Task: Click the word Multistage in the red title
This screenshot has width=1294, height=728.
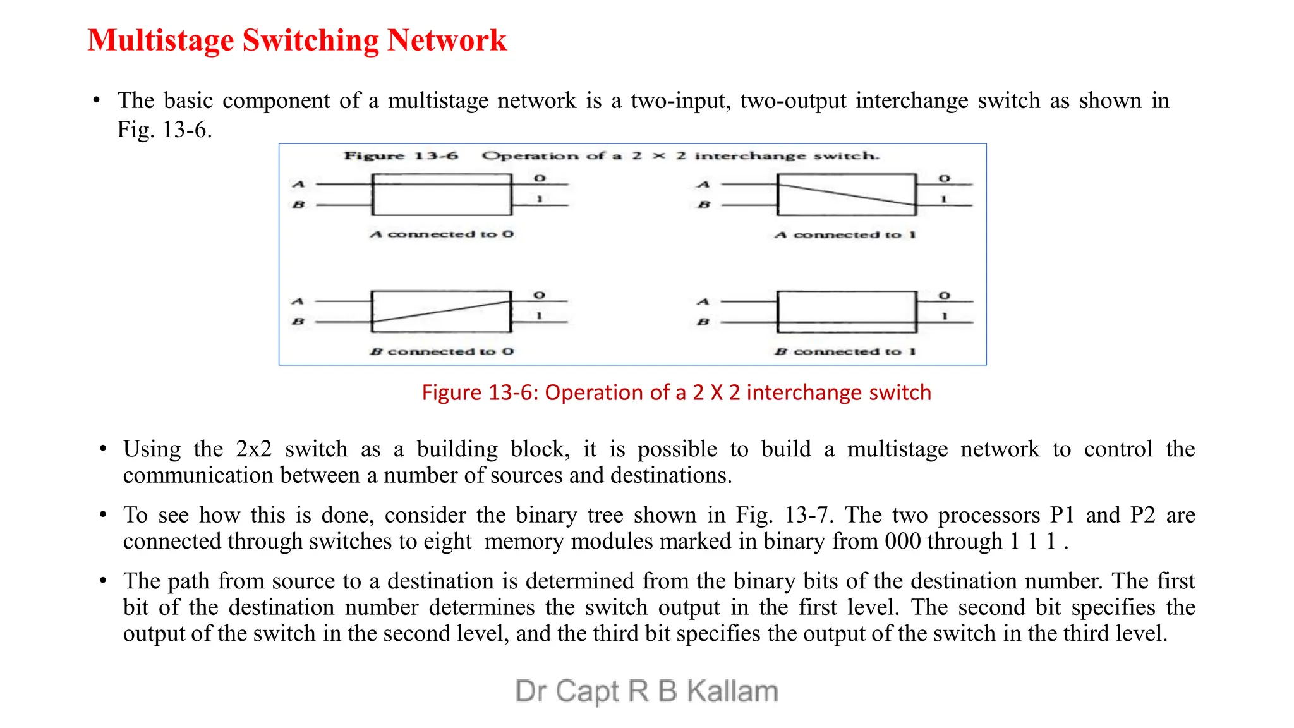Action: pyautogui.click(x=160, y=40)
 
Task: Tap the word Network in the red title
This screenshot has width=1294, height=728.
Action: pyautogui.click(x=447, y=40)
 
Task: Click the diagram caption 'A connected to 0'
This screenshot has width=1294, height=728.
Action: pyautogui.click(x=442, y=234)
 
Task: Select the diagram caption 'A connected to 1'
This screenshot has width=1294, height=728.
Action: pyautogui.click(x=845, y=235)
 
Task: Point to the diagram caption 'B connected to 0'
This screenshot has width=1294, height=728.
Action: pyautogui.click(x=442, y=351)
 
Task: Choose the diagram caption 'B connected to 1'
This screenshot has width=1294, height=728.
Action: pyautogui.click(x=845, y=351)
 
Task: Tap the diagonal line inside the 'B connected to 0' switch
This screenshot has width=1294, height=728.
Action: pyautogui.click(x=441, y=312)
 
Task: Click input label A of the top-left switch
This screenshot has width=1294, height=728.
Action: pyautogui.click(x=299, y=185)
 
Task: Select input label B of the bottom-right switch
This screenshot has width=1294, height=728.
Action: pyautogui.click(x=703, y=322)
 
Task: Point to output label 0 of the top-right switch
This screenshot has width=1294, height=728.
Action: pyautogui.click(x=944, y=179)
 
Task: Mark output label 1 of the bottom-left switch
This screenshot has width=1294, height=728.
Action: pyautogui.click(x=540, y=315)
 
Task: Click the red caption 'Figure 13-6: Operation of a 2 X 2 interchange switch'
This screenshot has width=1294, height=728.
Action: pyautogui.click(x=676, y=392)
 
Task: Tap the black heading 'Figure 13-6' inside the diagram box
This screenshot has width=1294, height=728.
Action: pyautogui.click(x=401, y=156)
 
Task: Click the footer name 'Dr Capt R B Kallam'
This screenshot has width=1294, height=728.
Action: pyautogui.click(x=646, y=691)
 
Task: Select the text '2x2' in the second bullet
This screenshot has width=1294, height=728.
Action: pyautogui.click(x=253, y=449)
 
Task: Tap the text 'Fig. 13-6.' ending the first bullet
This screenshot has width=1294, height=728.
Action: pyautogui.click(x=164, y=130)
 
